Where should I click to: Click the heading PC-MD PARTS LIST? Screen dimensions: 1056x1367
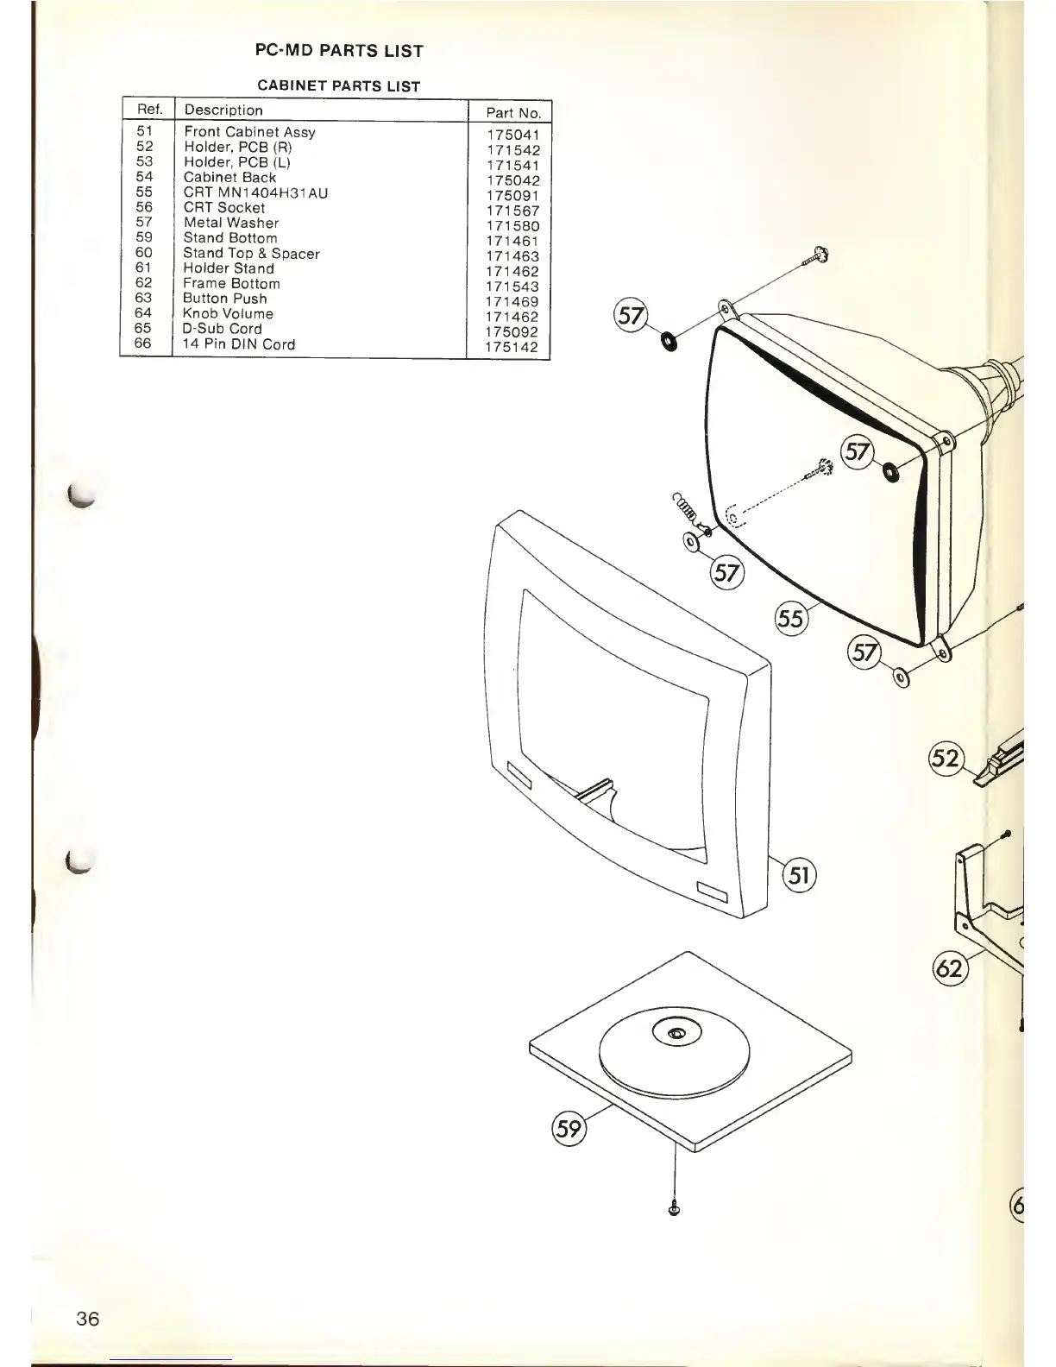point(339,51)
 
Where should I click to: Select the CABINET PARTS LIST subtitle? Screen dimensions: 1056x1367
point(339,86)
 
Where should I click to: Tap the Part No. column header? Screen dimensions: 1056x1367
point(512,112)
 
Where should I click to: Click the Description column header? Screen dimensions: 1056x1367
point(223,110)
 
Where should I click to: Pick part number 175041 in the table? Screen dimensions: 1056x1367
point(512,135)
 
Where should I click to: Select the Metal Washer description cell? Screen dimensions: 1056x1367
point(231,223)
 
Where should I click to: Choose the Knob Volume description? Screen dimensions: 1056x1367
point(228,313)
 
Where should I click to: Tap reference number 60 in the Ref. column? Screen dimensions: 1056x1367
point(144,253)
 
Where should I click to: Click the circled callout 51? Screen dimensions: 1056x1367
point(799,876)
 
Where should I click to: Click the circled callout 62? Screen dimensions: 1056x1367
point(949,968)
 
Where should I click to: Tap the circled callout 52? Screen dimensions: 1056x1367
point(946,758)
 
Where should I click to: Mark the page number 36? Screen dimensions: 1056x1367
point(87,1319)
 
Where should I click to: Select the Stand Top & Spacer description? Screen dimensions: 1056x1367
point(251,254)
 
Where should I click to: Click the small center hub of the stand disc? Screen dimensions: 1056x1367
point(676,1032)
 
